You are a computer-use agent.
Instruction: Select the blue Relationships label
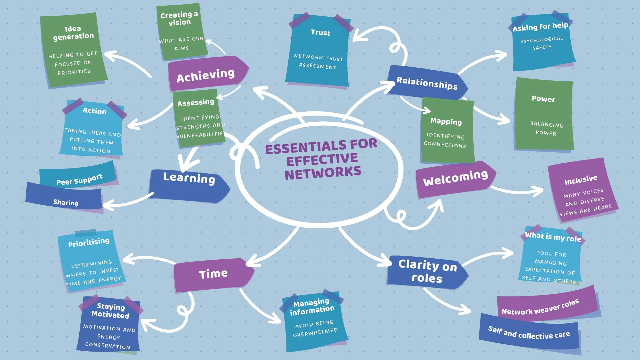coord(427,83)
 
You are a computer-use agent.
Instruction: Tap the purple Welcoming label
coord(455,178)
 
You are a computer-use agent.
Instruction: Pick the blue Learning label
coord(189,178)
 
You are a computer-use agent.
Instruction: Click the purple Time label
coord(213,274)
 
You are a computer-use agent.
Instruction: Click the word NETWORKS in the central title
coord(323,173)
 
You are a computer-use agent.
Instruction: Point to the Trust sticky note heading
coord(321,33)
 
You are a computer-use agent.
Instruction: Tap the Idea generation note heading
coord(73,33)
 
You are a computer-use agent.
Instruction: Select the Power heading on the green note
coord(543,99)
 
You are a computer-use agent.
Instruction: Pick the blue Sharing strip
coord(66,202)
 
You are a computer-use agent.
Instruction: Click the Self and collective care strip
coord(529,333)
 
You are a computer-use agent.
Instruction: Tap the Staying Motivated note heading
coord(111,311)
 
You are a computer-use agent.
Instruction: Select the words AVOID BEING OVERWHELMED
coord(315,329)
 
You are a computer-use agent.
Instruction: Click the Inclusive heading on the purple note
coord(581,180)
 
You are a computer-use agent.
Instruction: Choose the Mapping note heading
coord(446,121)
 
